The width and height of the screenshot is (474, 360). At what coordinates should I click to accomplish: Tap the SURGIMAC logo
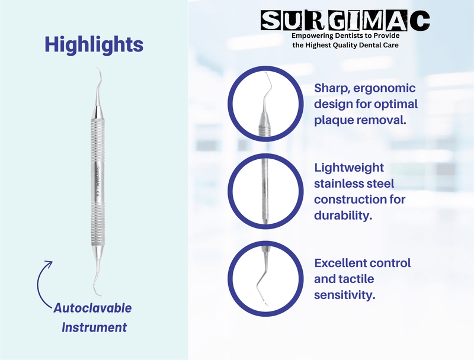point(346,21)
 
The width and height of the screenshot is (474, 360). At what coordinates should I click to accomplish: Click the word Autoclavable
point(92,308)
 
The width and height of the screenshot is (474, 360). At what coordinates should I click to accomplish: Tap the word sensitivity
point(345,294)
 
